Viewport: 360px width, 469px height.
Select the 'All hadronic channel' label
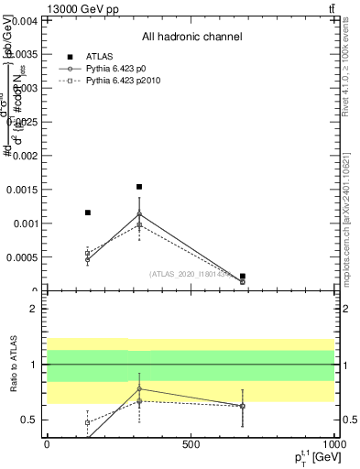[191, 38]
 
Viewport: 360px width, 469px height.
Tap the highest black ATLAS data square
[139, 187]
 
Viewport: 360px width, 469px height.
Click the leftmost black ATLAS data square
[88, 213]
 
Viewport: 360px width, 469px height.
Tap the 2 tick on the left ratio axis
[33, 309]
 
